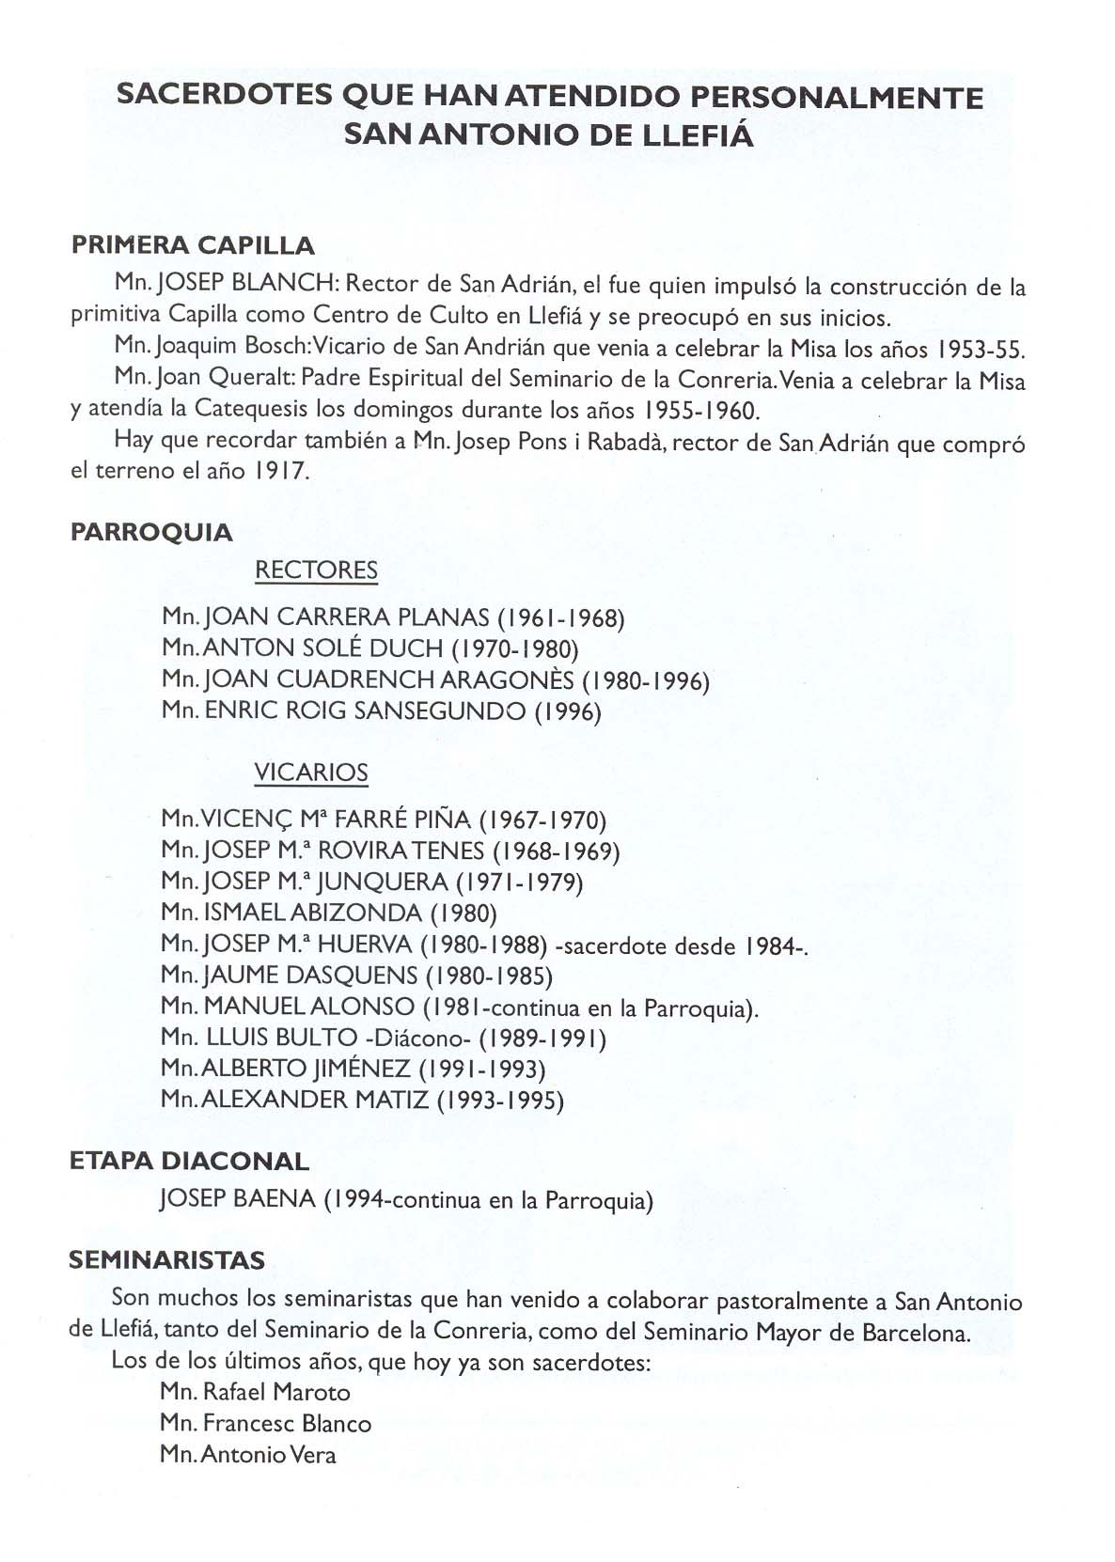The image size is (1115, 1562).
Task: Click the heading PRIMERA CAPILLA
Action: point(193,246)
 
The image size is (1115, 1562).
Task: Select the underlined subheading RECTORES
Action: point(316,570)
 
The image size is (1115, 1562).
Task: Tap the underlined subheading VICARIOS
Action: point(311,773)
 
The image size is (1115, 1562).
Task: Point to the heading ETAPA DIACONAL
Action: point(189,1161)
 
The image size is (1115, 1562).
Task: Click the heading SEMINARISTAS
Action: point(167,1259)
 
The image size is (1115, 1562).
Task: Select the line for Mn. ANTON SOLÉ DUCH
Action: point(369,648)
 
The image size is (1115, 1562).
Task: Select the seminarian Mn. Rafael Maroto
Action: point(255,1392)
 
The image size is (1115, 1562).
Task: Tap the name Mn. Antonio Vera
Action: point(248,1455)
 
